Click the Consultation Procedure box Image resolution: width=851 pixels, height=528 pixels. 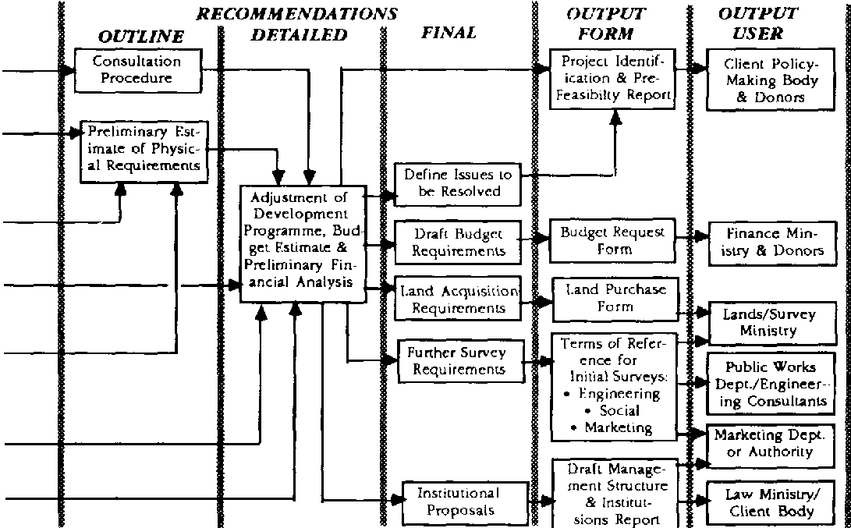click(x=137, y=69)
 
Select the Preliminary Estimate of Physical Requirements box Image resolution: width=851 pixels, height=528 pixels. click(x=144, y=151)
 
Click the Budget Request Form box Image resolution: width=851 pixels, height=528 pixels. click(x=612, y=240)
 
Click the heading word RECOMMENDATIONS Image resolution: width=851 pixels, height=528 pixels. click(x=296, y=14)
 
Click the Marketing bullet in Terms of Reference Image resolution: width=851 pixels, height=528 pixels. click(x=617, y=427)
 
